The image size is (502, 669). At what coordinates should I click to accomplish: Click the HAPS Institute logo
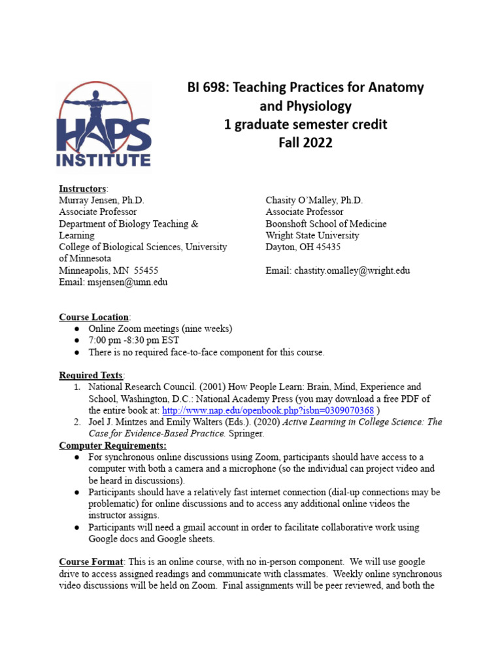pos(105,125)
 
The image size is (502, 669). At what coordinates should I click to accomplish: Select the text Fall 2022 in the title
pos(305,142)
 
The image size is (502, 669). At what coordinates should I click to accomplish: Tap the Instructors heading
pos(82,189)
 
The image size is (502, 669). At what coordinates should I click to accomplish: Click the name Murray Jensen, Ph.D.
pos(102,201)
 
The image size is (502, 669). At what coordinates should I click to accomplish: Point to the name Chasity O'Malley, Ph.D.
pos(314,201)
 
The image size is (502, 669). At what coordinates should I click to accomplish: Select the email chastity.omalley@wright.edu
pos(352,270)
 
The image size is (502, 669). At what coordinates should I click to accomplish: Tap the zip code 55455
pos(144,270)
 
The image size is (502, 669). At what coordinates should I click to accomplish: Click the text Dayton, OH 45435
pos(303,247)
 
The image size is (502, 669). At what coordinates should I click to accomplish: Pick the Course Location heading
pos(93,318)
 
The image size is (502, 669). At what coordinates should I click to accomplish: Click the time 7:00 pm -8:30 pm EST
pos(134,340)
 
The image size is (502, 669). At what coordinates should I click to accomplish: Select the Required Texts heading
pos(91,376)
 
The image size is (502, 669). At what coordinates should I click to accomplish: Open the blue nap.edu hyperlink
pos(267,411)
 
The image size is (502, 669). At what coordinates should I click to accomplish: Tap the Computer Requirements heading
pos(112,446)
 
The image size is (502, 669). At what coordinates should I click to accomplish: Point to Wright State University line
pos(312,235)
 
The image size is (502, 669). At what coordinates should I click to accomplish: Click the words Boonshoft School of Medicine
pos(326,223)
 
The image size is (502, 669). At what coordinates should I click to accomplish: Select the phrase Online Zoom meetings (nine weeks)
pos(160,329)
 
